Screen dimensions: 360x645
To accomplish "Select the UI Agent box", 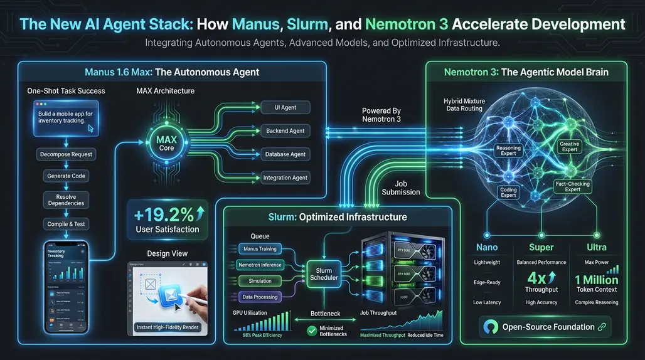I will point(285,107).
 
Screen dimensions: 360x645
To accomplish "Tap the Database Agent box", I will point(285,154).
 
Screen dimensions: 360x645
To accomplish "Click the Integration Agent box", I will point(285,177).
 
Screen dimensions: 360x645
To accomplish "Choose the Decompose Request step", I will point(66,154).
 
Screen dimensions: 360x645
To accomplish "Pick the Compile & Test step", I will point(66,224).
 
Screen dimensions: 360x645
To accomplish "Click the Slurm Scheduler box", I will point(324,273).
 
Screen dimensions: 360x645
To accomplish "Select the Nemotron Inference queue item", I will point(260,265).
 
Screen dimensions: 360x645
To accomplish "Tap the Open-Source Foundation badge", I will point(544,327).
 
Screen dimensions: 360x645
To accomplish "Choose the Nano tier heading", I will point(488,248).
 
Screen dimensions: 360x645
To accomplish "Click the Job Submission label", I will point(401,188).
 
